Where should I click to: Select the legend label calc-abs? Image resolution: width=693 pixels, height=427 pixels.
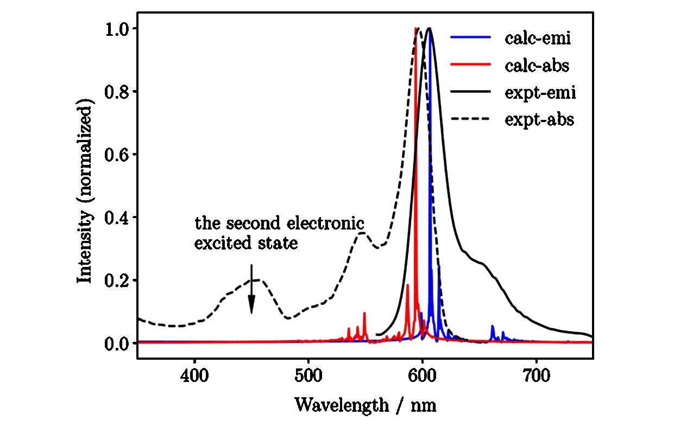tap(537, 66)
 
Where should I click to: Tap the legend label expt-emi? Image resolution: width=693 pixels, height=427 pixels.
tap(540, 93)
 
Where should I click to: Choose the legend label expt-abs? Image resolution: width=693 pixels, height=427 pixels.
tap(539, 120)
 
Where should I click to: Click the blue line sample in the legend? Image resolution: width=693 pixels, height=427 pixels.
tap(470, 37)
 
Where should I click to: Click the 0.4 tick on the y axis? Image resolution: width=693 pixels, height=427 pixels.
tap(118, 217)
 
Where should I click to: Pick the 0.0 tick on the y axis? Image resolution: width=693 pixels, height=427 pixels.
tap(118, 343)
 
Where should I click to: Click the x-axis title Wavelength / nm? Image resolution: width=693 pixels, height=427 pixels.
tap(365, 405)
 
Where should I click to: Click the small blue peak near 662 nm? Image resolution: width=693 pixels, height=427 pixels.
tap(493, 327)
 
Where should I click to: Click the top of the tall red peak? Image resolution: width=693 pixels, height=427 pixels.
tap(415, 29)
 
